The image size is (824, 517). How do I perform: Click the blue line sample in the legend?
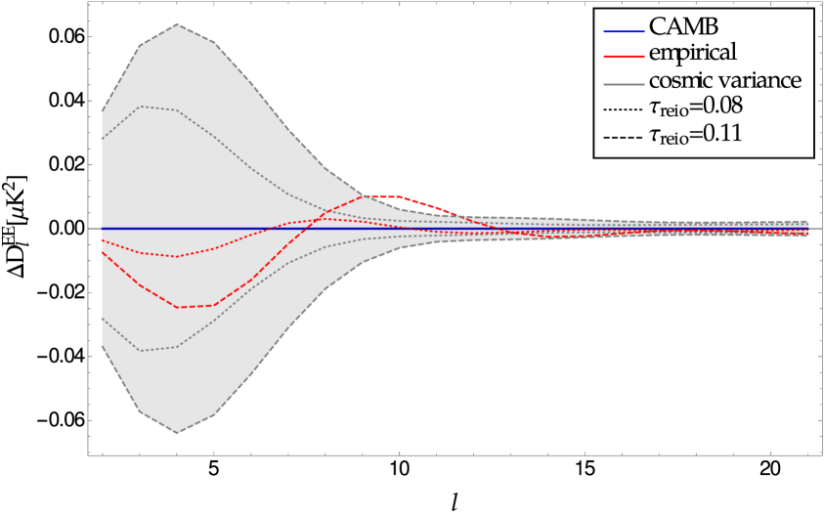click(624, 31)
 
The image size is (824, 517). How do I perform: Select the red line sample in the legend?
click(624, 57)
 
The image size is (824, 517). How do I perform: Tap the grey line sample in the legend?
click(624, 84)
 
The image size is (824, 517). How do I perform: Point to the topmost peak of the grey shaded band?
click(177, 24)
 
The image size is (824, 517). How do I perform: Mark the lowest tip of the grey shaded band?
click(177, 433)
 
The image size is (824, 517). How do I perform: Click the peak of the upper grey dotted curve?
click(140, 107)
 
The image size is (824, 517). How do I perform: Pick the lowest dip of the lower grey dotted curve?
click(140, 351)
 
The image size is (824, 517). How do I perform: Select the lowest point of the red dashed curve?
click(177, 307)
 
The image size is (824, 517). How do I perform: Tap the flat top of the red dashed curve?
click(382, 196)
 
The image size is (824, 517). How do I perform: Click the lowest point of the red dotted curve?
click(177, 256)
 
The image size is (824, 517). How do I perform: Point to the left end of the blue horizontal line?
click(102, 229)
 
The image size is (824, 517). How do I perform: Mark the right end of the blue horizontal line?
click(807, 229)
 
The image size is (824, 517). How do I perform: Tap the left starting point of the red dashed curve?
click(102, 251)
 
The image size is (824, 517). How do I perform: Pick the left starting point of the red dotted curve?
click(102, 239)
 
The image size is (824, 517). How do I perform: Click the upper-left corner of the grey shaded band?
click(102, 112)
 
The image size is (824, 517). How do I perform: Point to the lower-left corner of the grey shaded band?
click(102, 345)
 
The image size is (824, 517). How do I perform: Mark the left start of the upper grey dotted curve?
click(102, 140)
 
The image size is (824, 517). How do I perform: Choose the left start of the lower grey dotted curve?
click(102, 318)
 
